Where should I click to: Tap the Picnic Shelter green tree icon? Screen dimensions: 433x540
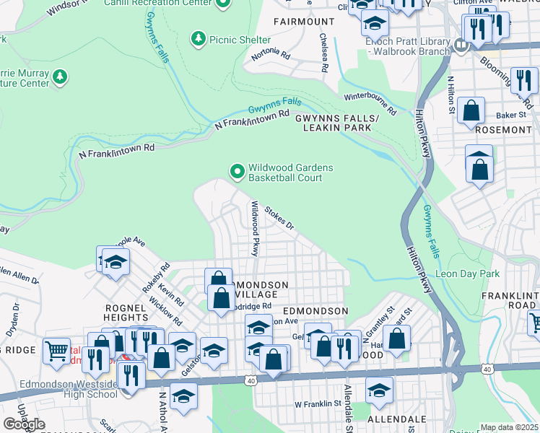[198, 38]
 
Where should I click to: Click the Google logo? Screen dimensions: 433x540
[24, 424]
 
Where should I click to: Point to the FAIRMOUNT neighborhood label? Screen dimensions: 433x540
[304, 22]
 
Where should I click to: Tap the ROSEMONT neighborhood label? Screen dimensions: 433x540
[504, 130]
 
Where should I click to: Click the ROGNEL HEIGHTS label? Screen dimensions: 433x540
[116, 311]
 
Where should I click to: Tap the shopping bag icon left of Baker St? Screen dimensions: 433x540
[471, 112]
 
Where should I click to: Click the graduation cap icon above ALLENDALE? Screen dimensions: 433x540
[379, 390]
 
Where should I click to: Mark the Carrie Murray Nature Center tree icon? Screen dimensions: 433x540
[60, 76]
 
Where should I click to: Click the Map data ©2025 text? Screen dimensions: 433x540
[509, 427]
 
